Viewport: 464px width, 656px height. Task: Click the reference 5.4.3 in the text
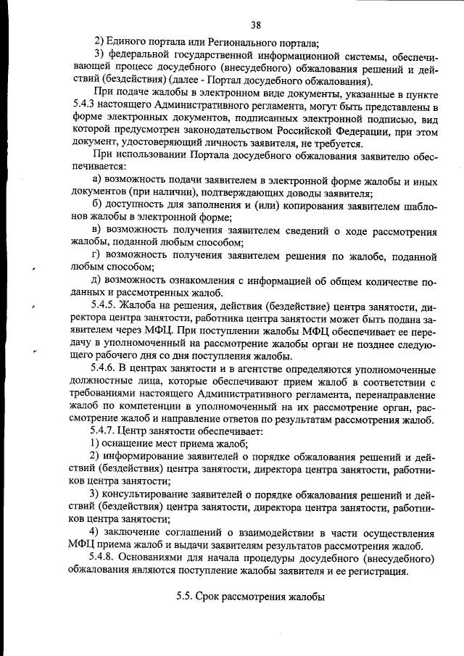pyautogui.click(x=86, y=105)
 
